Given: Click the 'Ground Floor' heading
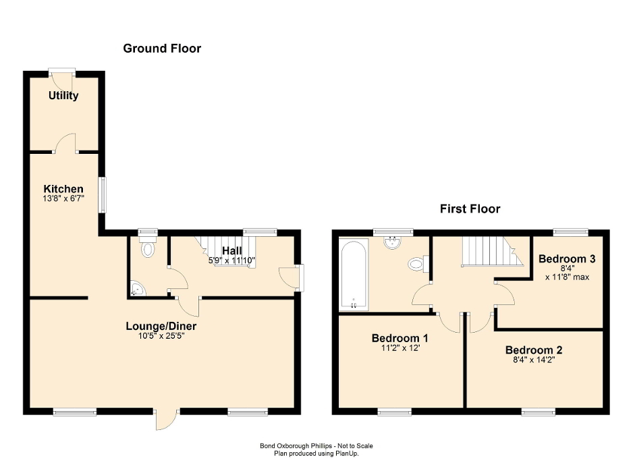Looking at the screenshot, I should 162,49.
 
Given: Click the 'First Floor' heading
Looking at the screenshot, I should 470,209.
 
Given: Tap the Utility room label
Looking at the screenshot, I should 63,96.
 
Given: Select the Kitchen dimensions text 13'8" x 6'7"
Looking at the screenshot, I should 63,199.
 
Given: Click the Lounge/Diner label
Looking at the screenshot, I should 161,327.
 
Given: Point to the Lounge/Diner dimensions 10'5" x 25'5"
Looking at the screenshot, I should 161,336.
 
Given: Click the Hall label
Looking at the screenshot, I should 231,251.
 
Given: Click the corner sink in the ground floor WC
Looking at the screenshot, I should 137,290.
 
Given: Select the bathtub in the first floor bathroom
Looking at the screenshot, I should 354,274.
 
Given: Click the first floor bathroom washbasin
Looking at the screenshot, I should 393,243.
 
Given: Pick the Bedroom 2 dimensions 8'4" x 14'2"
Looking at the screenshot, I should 534,360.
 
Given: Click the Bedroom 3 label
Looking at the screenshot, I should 566,259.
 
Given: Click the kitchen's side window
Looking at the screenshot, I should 103,196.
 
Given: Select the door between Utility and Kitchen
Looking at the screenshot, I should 65,144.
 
